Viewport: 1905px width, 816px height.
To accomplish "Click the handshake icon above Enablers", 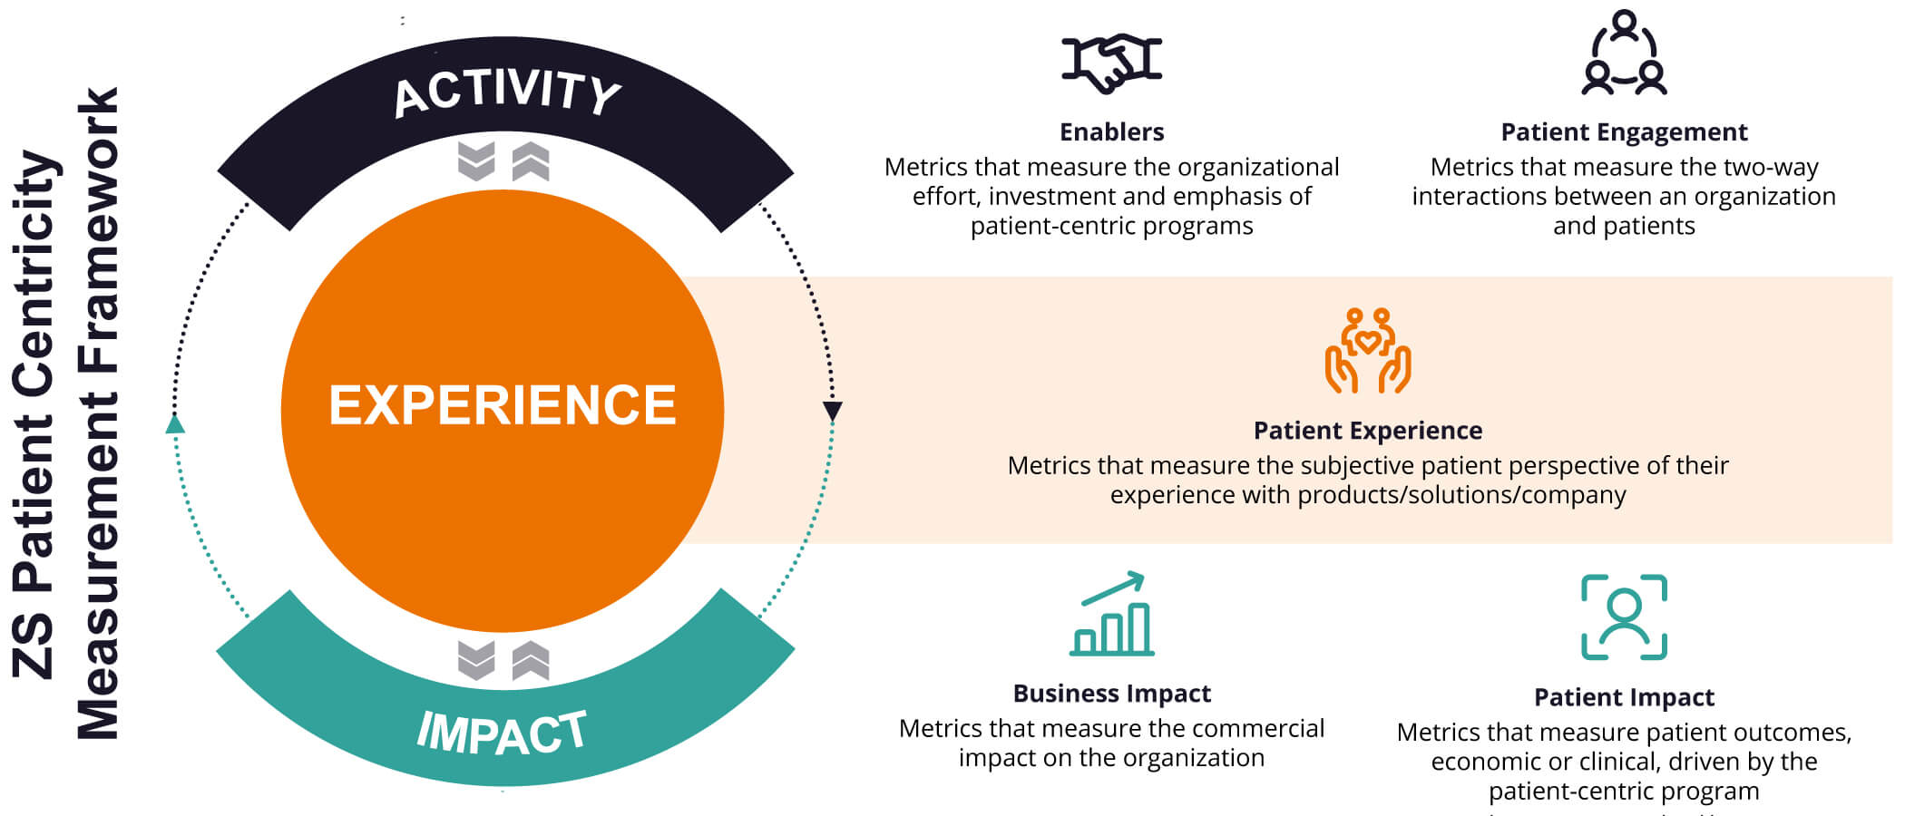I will pos(1111,63).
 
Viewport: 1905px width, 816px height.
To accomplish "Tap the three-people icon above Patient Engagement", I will pos(1624,53).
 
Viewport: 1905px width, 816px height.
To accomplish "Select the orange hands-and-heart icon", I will pos(1368,351).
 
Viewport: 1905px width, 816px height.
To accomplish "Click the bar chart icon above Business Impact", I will pos(1112,615).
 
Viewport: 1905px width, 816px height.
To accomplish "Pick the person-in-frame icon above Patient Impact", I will pos(1624,617).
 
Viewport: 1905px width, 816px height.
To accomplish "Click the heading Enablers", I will pos(1111,132).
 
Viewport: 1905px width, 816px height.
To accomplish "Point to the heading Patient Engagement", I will pos(1624,132).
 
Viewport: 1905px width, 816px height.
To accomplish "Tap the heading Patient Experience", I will pos(1368,431).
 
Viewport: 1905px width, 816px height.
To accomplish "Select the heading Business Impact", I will pos(1111,694).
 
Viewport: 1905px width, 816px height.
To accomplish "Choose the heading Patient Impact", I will pos(1624,697).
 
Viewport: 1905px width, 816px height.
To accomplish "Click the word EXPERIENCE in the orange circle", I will pos(503,405).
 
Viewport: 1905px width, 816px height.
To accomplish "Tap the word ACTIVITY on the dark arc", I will pos(507,92).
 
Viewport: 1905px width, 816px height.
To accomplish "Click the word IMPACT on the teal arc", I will pos(503,733).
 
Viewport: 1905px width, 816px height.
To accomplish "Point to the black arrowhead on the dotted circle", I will pos(832,412).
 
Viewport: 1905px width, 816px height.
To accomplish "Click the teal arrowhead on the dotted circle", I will pos(176,423).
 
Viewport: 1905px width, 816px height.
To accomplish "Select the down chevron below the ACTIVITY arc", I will pos(476,161).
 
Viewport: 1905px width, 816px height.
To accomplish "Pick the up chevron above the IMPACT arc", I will pos(531,660).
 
